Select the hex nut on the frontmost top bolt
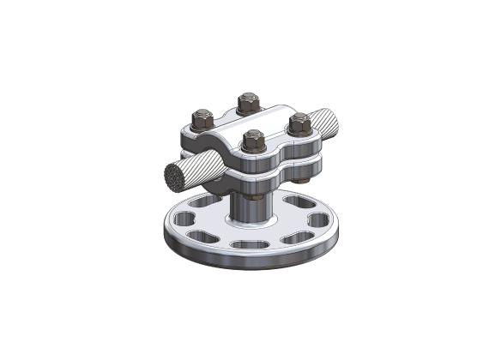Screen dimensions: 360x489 [x=252, y=140]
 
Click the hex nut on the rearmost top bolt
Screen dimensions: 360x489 [x=249, y=100]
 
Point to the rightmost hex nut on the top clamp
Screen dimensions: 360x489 [x=299, y=123]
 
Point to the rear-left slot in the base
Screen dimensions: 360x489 [x=202, y=204]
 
